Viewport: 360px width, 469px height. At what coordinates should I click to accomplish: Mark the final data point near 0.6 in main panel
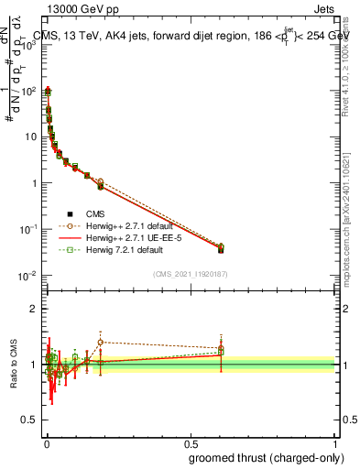coord(221,249)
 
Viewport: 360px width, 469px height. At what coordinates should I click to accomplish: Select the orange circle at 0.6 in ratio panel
coord(221,348)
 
